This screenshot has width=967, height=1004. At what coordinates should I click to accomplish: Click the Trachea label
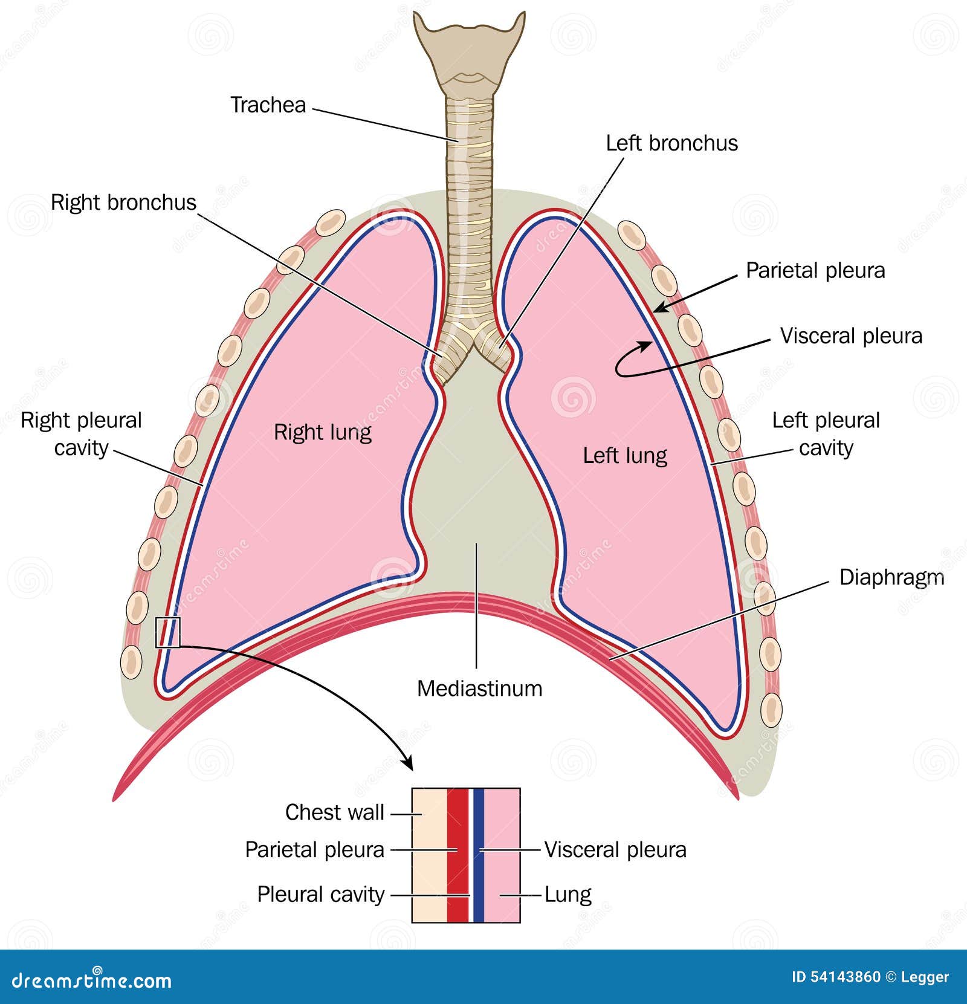coord(268,105)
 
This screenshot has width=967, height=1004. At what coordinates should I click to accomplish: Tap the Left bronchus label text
coord(671,143)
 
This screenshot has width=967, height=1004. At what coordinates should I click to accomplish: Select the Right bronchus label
coord(123,202)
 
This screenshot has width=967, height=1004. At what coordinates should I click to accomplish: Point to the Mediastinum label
coord(479,688)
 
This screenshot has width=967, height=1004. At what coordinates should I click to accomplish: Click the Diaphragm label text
coord(891,577)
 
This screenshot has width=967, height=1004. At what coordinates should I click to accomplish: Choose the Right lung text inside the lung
coord(322,432)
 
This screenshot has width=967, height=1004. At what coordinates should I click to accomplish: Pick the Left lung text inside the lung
coord(625,455)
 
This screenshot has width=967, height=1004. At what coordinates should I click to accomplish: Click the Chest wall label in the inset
coord(334,812)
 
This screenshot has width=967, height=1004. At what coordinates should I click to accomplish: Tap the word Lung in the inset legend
coord(568,894)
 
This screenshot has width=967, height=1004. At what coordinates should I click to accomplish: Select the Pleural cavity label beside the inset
coord(320,894)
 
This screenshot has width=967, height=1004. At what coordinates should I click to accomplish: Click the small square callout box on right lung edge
coord(167,632)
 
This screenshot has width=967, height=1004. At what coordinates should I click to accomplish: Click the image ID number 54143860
coord(844,977)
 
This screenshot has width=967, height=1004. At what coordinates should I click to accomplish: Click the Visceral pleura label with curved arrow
coord(851,336)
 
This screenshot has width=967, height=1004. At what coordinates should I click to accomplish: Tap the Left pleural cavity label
coord(826,433)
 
